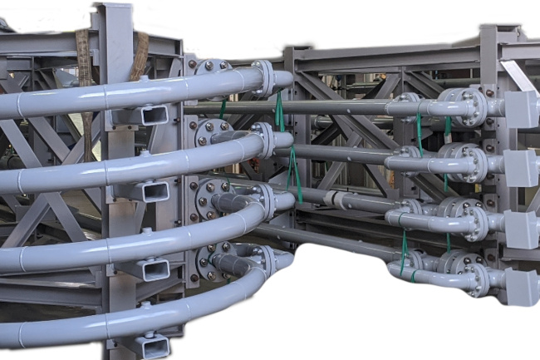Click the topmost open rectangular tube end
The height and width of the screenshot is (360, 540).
pyautogui.click(x=155, y=116)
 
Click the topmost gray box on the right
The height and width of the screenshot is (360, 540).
pyautogui.click(x=521, y=109)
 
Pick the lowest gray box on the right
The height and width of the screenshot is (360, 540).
pyautogui.click(x=522, y=287)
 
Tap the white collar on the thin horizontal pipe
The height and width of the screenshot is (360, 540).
pyautogui.click(x=336, y=200)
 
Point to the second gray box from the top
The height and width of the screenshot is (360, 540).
pyautogui.click(x=521, y=168)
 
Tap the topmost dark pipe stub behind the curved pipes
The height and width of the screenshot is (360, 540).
pyautogui.click(x=220, y=135)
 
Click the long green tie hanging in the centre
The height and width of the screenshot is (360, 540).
pyautogui.click(x=291, y=158)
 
